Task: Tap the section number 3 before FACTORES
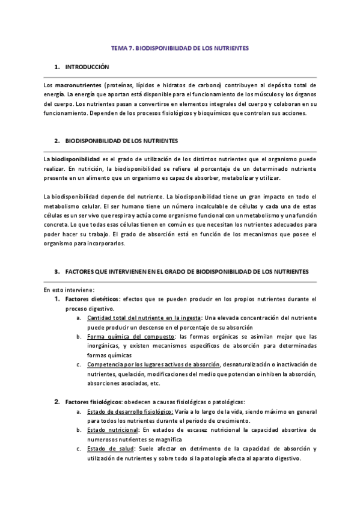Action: coord(56,272)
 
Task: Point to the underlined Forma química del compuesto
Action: coord(131,336)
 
